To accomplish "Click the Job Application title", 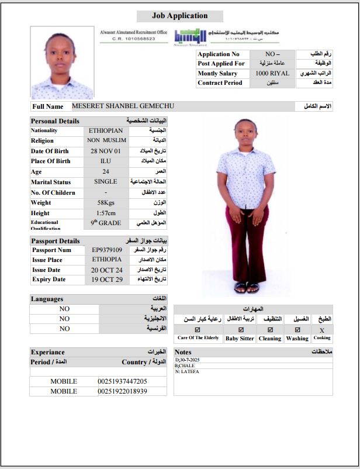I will pos(179,16).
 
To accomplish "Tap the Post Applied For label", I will pos(221,63).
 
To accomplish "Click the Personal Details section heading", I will pos(55,121).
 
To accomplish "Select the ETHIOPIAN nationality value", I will pos(106,130).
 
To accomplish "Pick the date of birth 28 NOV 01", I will pos(106,151).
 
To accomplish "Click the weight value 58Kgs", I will pos(106,202).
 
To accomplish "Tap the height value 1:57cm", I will pos(106,213).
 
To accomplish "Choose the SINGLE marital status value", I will pos(106,182).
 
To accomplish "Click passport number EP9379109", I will pos(107,250).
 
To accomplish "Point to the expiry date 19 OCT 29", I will pos(107,279).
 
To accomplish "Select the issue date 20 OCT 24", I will pos(107,270).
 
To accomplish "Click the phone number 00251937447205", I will pos(122,381).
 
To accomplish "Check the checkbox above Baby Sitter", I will pos(240,329).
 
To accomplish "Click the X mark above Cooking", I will pos(321,329).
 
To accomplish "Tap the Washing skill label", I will pos(297,339).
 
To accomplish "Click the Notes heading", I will pos(183,352).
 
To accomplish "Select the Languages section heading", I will pos(47,299).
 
